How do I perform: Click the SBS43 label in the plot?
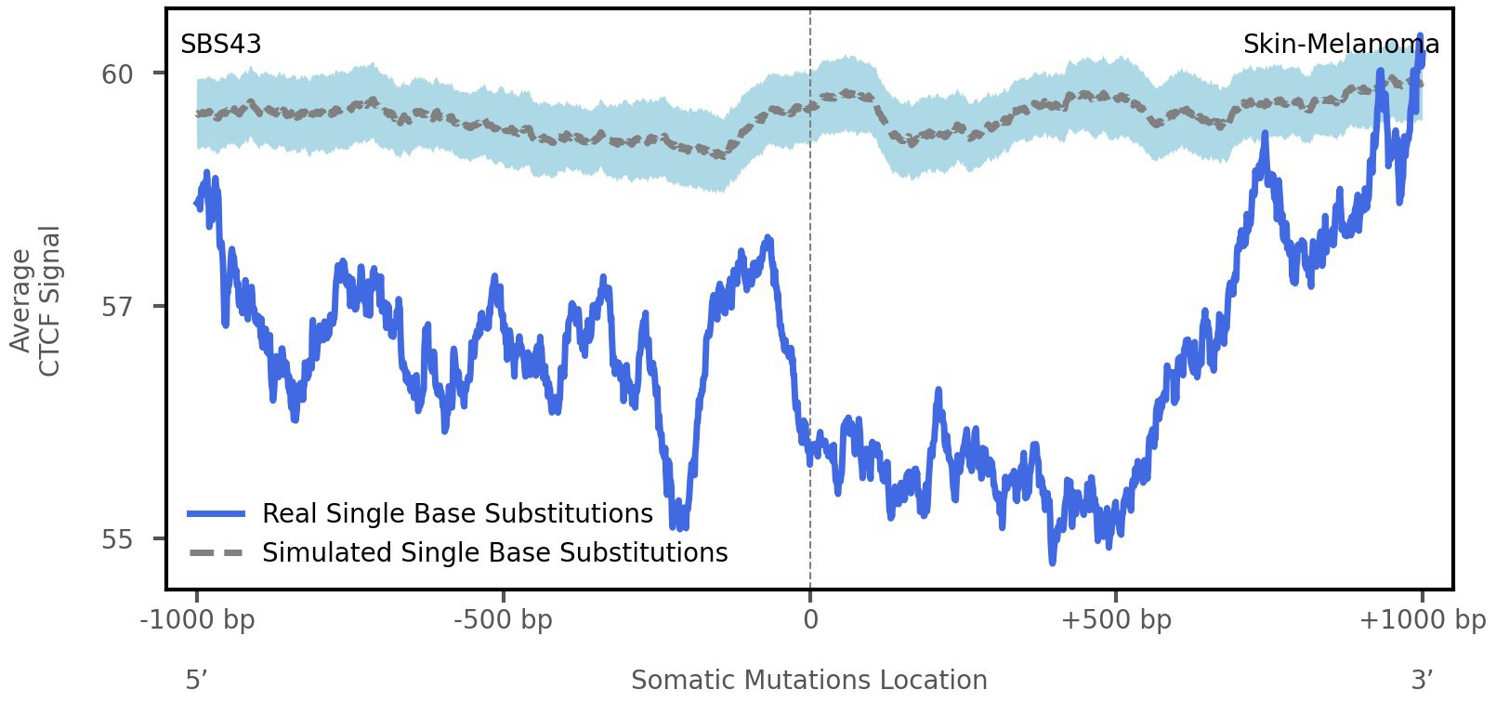pyautogui.click(x=220, y=45)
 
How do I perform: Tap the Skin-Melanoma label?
pyautogui.click(x=1340, y=45)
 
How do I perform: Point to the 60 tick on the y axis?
pyautogui.click(x=118, y=73)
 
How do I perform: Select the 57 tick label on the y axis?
pyautogui.click(x=118, y=306)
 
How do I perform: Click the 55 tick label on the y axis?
pyautogui.click(x=118, y=539)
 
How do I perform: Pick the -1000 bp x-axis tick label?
pyautogui.click(x=197, y=619)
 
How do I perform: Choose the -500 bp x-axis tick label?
pyautogui.click(x=503, y=619)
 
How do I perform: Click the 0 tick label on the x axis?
pyautogui.click(x=810, y=619)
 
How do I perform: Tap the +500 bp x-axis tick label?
pyautogui.click(x=1115, y=619)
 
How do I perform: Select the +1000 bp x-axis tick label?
pyautogui.click(x=1422, y=619)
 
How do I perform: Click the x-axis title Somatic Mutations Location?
pyautogui.click(x=808, y=681)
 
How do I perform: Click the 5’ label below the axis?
pyautogui.click(x=195, y=681)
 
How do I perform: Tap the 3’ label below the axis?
pyautogui.click(x=1422, y=681)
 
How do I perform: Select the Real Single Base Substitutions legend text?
pyautogui.click(x=457, y=513)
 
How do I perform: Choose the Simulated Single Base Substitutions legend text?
pyautogui.click(x=494, y=552)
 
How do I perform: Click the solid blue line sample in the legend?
pyautogui.click(x=216, y=513)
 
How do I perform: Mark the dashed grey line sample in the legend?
pyautogui.click(x=216, y=552)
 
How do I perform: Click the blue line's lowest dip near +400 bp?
pyautogui.click(x=1052, y=561)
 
